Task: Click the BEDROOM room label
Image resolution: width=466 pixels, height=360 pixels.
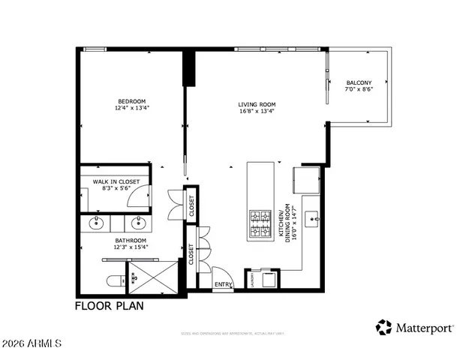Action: click(131, 101)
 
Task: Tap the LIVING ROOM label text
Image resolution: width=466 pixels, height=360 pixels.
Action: click(257, 104)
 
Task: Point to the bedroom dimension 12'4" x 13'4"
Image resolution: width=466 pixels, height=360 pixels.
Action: click(131, 109)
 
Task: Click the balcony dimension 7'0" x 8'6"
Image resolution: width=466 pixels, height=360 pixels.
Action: click(359, 89)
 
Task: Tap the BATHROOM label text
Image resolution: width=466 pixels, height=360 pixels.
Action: click(130, 241)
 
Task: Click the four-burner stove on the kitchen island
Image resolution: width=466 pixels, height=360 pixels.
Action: click(259, 221)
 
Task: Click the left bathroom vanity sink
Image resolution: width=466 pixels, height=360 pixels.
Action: click(96, 223)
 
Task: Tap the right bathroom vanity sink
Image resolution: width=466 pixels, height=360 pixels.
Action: click(137, 223)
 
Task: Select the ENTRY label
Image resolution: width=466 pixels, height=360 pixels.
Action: click(224, 284)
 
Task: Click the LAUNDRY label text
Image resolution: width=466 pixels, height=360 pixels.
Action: click(253, 279)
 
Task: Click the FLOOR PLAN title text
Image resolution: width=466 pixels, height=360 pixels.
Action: click(109, 306)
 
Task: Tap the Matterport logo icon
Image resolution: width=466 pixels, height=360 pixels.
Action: click(384, 327)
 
